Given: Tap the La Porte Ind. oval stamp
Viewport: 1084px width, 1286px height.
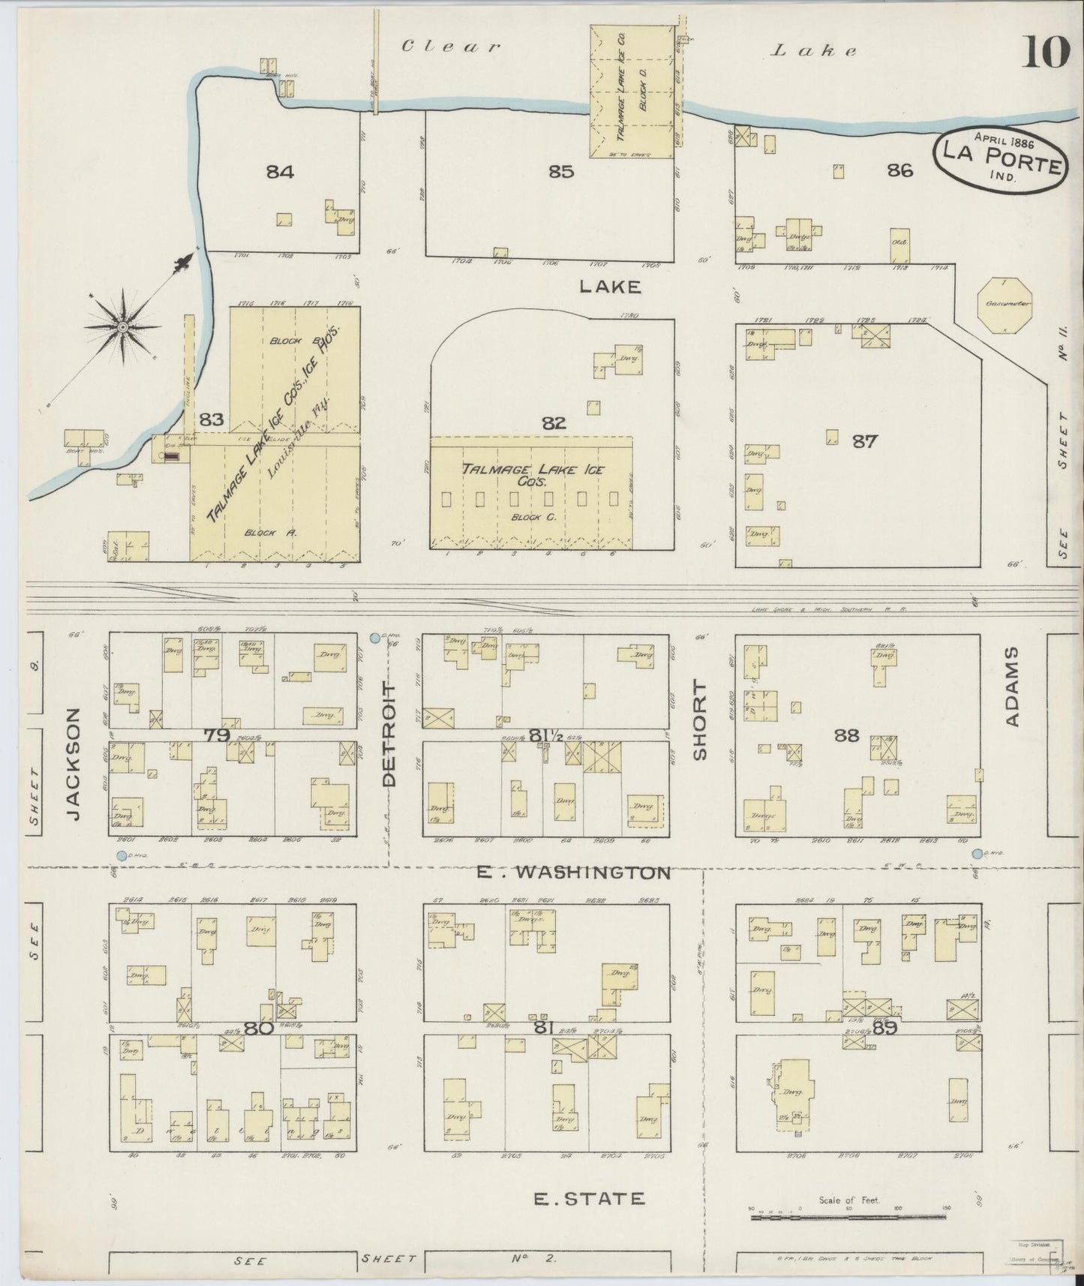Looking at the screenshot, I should (x=998, y=160).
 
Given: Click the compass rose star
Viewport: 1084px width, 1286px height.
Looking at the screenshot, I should (x=122, y=326).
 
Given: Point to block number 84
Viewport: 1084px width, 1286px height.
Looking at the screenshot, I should (x=280, y=172).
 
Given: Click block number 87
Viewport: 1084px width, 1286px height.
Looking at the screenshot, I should (x=864, y=441).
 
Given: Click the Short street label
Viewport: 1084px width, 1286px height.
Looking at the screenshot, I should (x=700, y=720).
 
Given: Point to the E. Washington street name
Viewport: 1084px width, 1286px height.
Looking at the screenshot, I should (x=574, y=872).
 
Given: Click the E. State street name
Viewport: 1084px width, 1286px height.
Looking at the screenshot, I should (x=588, y=1198).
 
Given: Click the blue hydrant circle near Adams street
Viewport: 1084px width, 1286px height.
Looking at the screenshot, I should (x=977, y=854).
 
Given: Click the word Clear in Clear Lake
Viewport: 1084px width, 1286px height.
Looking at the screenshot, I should (x=450, y=47).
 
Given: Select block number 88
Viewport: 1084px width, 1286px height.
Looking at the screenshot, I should (x=846, y=735).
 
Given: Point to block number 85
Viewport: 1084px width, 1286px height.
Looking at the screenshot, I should (x=560, y=172).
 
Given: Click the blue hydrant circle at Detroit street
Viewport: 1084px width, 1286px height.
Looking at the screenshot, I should (x=374, y=638).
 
